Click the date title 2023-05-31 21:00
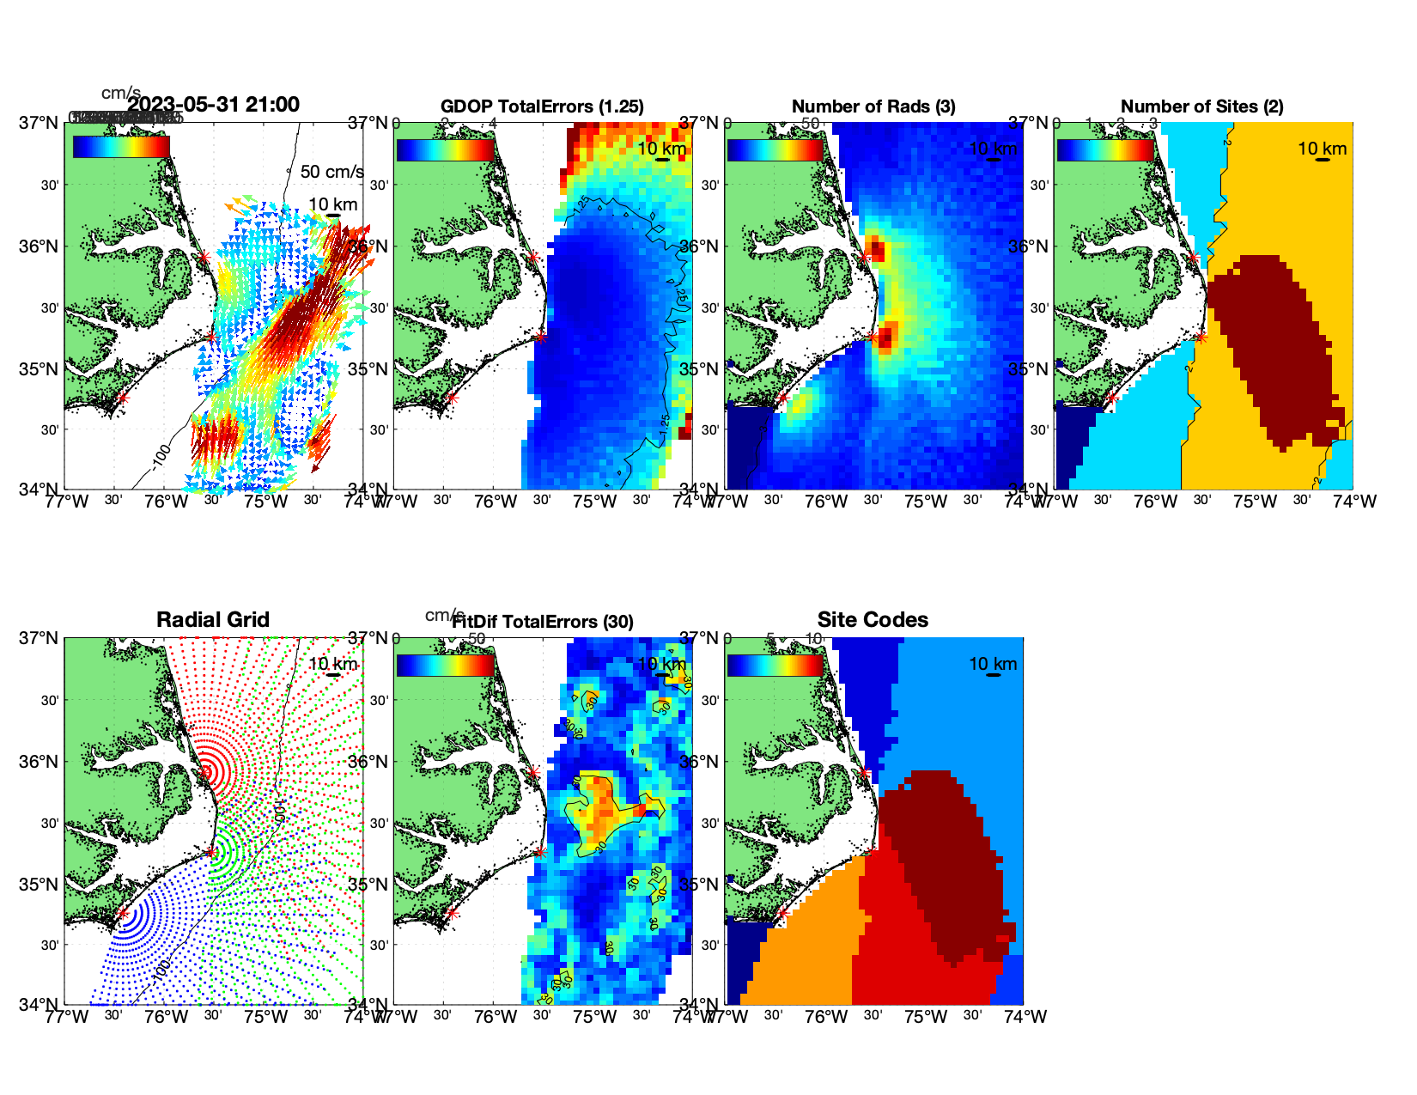click(213, 105)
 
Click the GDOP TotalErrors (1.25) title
click(542, 106)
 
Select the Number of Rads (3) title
click(873, 106)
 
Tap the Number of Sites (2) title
click(1202, 106)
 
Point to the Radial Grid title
click(213, 620)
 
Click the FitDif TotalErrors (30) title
click(543, 622)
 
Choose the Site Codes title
click(873, 620)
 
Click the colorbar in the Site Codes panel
click(775, 665)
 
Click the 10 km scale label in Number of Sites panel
click(1322, 149)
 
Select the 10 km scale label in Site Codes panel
click(993, 664)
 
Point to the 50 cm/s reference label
click(331, 172)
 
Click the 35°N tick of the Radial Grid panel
click(40, 885)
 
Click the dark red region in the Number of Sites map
click(1271, 344)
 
